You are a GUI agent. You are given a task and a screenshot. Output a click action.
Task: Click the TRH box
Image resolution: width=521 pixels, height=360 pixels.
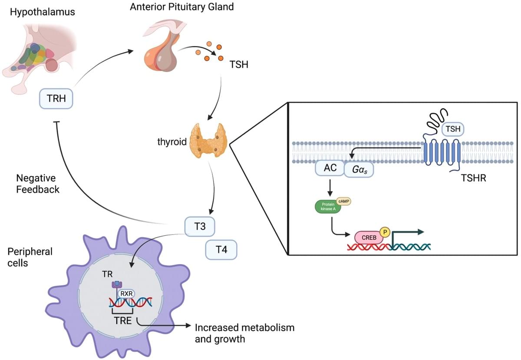coord(56,99)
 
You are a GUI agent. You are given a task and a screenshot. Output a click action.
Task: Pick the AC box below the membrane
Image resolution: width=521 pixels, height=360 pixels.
coord(330,168)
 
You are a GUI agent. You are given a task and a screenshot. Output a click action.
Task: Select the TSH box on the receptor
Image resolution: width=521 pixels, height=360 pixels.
coord(452,129)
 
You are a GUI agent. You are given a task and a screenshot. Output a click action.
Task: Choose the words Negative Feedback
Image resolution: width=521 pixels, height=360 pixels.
coord(38,183)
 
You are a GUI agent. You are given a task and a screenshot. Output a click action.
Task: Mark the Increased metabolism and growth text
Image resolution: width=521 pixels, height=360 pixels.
coord(244,333)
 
